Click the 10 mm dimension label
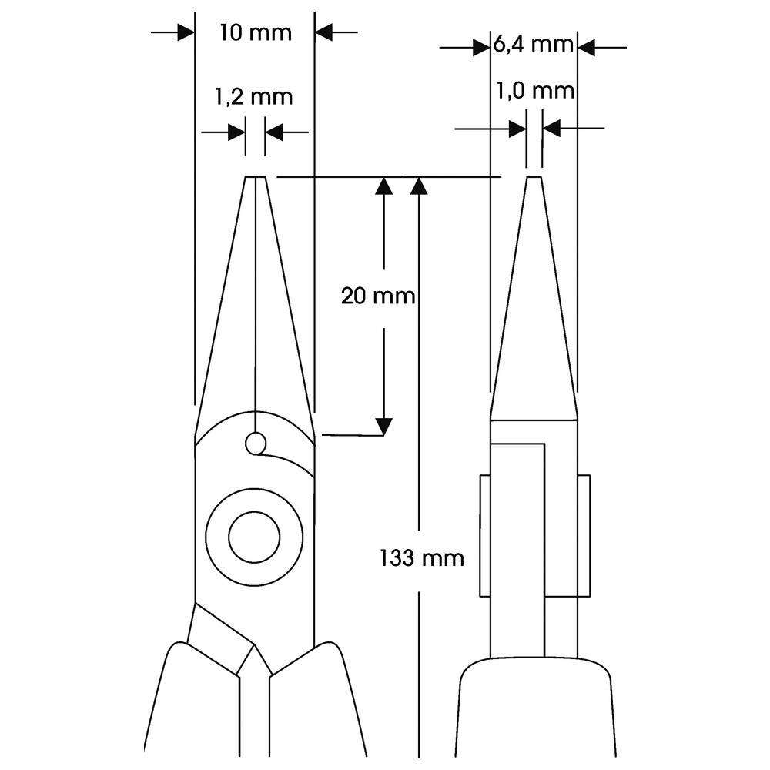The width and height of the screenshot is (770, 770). (255, 33)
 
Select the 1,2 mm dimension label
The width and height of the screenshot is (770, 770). (255, 96)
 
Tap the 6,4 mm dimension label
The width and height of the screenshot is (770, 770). (533, 44)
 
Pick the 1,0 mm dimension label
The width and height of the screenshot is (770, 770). (533, 91)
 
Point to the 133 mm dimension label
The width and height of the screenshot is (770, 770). (422, 557)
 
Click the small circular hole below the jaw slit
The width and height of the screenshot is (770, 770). (256, 443)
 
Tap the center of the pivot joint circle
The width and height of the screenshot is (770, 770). (254, 537)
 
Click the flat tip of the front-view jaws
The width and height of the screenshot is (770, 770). (256, 179)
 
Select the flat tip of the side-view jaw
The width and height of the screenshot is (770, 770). (534, 179)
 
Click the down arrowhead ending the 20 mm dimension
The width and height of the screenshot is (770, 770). (383, 426)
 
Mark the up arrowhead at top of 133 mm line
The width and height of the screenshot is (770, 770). (419, 186)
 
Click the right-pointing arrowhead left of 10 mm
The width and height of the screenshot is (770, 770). (185, 32)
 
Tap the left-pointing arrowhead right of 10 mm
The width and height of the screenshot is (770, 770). (324, 32)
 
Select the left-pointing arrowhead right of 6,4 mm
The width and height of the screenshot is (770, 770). (587, 48)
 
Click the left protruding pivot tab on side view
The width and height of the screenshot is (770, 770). (485, 535)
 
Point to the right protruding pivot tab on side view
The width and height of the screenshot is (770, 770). (584, 535)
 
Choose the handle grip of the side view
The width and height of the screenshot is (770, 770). (534, 712)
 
